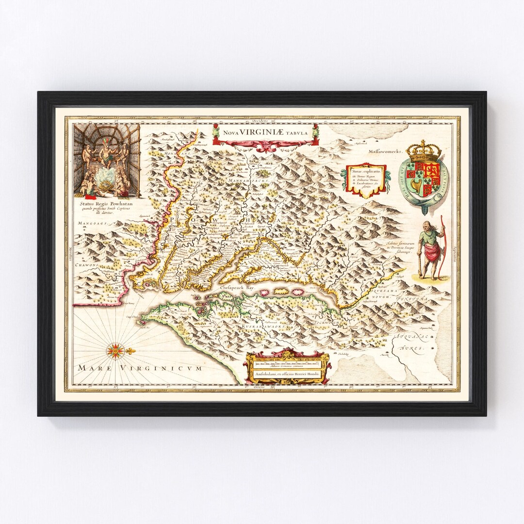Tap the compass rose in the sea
pos(115,350)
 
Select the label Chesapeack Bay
pos(237,288)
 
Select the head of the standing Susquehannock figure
pos(425,227)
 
